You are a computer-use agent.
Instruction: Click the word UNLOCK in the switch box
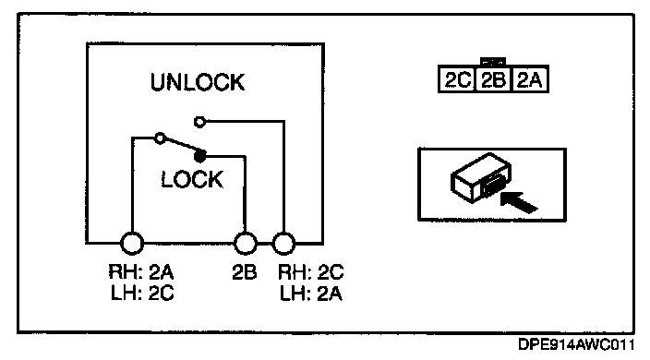(x=198, y=82)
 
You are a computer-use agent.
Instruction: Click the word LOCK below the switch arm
(x=192, y=179)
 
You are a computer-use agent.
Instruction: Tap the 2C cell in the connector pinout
(x=457, y=79)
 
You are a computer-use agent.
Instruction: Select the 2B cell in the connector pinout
(x=493, y=79)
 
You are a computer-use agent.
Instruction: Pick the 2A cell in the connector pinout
(x=530, y=79)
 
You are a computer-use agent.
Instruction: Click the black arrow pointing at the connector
(x=519, y=201)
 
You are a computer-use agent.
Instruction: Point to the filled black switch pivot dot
(x=199, y=156)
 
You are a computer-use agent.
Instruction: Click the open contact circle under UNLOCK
(x=199, y=122)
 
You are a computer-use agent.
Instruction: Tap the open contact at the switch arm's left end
(x=160, y=138)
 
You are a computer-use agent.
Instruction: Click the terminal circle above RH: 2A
(x=132, y=243)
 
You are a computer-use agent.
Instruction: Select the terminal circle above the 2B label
(x=246, y=243)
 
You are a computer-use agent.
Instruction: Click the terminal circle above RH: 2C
(x=284, y=243)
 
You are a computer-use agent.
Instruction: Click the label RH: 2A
(x=141, y=272)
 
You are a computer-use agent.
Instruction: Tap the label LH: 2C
(x=142, y=293)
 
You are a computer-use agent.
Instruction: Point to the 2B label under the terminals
(x=244, y=272)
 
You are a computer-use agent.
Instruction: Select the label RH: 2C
(x=310, y=272)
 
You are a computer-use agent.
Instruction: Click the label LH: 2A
(x=311, y=294)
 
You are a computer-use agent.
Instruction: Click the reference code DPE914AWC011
(x=576, y=344)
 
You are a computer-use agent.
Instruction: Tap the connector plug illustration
(x=481, y=178)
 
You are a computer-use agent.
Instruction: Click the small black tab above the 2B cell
(x=493, y=62)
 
